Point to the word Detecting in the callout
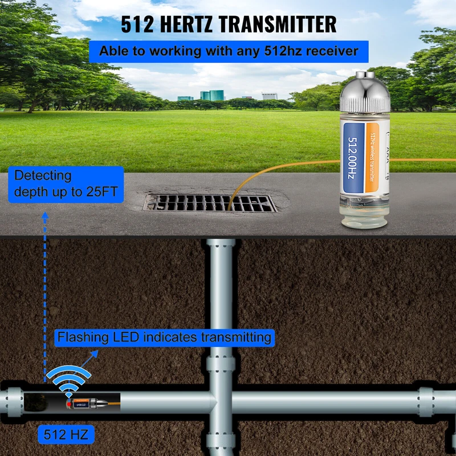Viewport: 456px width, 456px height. click(x=43, y=176)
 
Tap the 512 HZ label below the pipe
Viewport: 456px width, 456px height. click(x=66, y=435)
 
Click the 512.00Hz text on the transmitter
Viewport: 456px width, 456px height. click(x=353, y=160)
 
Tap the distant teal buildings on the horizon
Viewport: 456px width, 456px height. click(x=212, y=95)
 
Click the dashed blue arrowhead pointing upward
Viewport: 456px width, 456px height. click(x=44, y=215)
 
